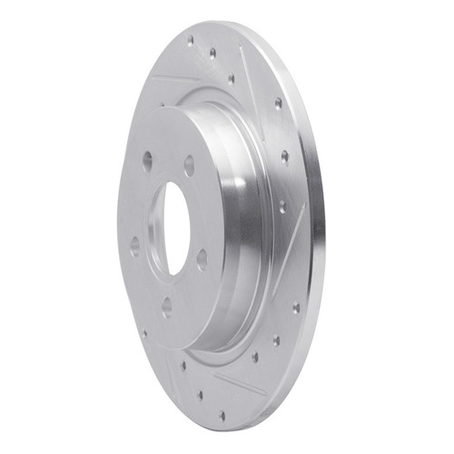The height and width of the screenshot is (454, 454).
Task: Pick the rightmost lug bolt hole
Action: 202,259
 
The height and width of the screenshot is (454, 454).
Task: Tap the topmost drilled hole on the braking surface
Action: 191,40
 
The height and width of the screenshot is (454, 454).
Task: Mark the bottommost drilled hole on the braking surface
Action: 222,417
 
